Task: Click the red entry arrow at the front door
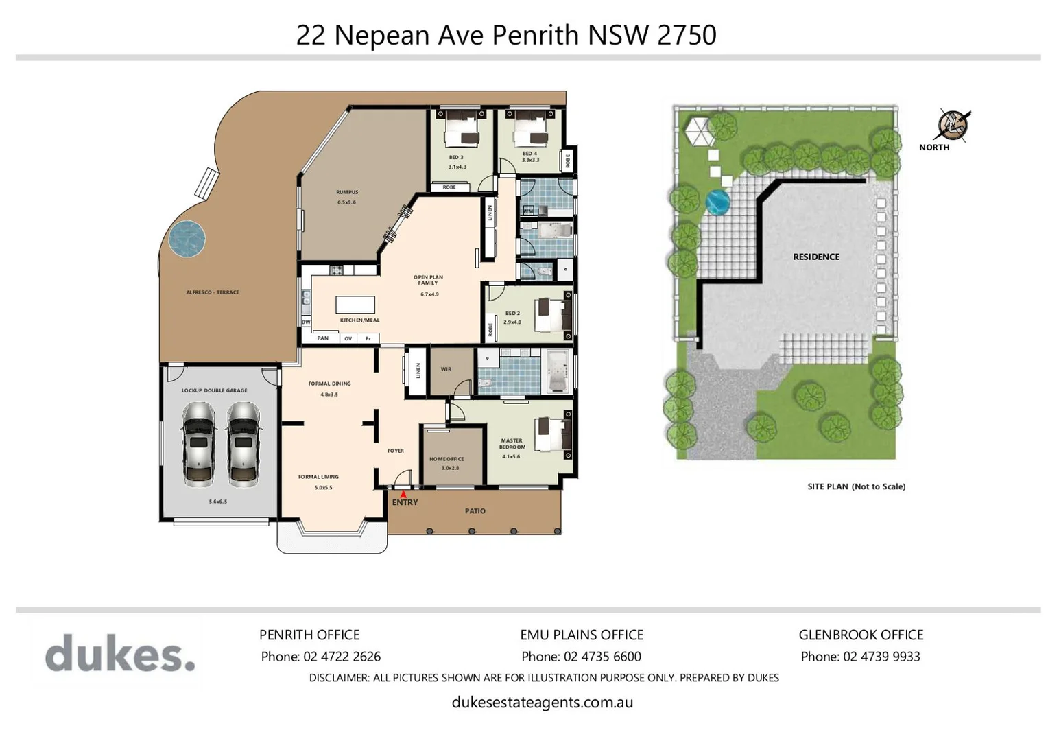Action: (403, 493)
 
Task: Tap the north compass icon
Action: (953, 126)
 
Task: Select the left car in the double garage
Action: (199, 443)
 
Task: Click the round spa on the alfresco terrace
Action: (187, 238)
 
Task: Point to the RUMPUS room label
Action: (347, 193)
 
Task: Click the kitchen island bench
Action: (355, 304)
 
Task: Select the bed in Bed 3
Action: (460, 130)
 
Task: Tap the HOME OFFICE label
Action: (446, 459)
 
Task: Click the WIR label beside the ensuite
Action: (446, 369)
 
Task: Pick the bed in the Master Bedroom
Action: (553, 434)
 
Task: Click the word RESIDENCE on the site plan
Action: (816, 257)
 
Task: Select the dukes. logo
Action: (120, 653)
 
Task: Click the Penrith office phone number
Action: (342, 657)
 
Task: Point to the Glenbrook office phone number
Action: (881, 657)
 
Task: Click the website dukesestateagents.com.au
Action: (542, 702)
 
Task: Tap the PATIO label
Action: (475, 511)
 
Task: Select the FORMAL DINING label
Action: (329, 384)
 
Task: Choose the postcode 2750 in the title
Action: (687, 35)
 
